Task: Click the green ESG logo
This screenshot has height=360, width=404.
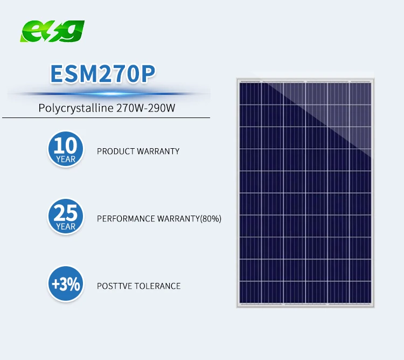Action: tap(52, 31)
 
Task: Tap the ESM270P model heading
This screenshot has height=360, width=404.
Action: tap(103, 74)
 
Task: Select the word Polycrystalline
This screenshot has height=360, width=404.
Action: tap(76, 108)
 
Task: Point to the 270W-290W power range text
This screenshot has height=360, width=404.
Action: tap(146, 108)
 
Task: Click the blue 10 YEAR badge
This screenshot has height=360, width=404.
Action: tap(66, 149)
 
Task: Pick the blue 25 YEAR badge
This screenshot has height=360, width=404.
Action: tap(66, 216)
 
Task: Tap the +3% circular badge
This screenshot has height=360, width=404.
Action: tap(66, 283)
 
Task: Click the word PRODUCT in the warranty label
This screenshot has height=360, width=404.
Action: tap(116, 151)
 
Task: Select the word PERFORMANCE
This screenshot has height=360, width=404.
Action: tap(126, 219)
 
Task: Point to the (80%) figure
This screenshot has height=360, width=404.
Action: tap(211, 219)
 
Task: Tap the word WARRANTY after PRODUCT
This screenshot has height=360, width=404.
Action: tap(158, 151)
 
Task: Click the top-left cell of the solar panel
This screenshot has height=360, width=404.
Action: tap(250, 94)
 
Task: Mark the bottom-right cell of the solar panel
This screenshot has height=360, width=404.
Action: tap(360, 292)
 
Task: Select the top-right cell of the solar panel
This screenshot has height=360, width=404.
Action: tap(360, 94)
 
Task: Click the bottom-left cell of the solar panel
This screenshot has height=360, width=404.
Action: tap(250, 292)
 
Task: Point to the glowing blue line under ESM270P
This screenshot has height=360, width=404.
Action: tap(108, 94)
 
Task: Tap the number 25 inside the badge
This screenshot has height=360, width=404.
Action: tap(66, 212)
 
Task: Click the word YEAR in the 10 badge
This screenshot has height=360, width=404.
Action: tap(66, 160)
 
